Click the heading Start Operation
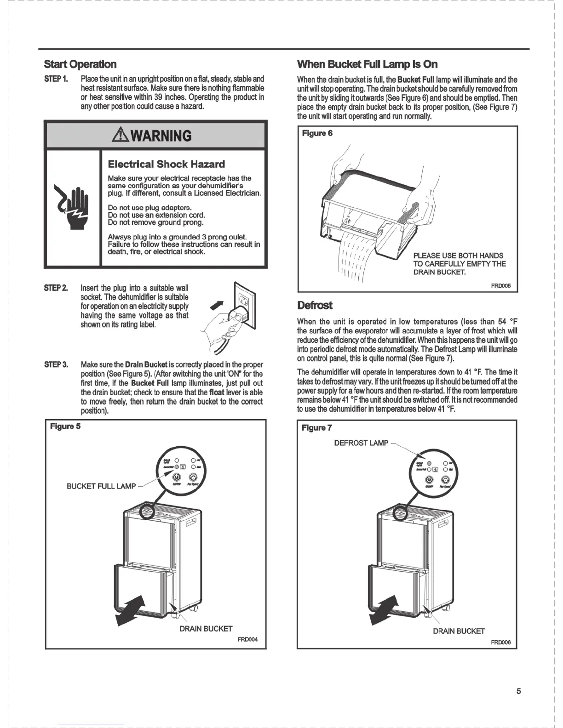80,64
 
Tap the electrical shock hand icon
72,206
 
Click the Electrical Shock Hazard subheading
166,164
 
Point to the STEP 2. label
56,288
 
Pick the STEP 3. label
56,365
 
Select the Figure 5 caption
65,427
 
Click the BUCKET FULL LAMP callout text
101,486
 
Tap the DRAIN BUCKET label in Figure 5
206,628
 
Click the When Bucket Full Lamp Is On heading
367,64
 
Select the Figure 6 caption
317,133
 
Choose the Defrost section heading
315,306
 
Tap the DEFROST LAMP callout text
361,443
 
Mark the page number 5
518,691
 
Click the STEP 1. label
56,79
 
